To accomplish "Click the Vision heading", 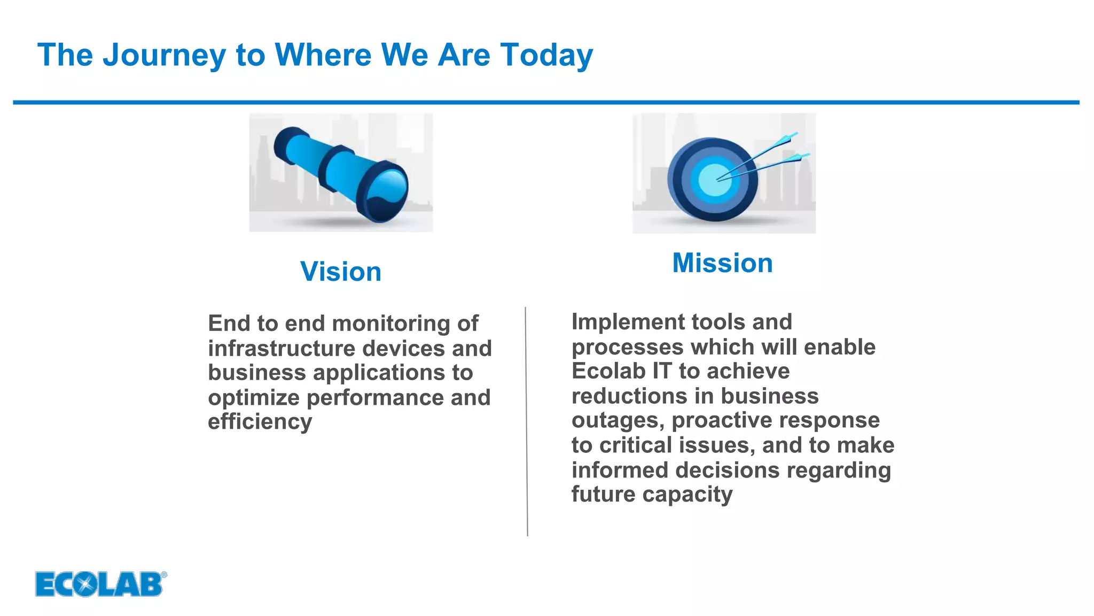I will point(341,272).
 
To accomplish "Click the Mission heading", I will point(722,263).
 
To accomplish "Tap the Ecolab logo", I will point(100,584).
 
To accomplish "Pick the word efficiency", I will point(260,422).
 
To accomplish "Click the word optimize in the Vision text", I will point(254,397).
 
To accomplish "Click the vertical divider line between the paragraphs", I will point(526,422).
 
